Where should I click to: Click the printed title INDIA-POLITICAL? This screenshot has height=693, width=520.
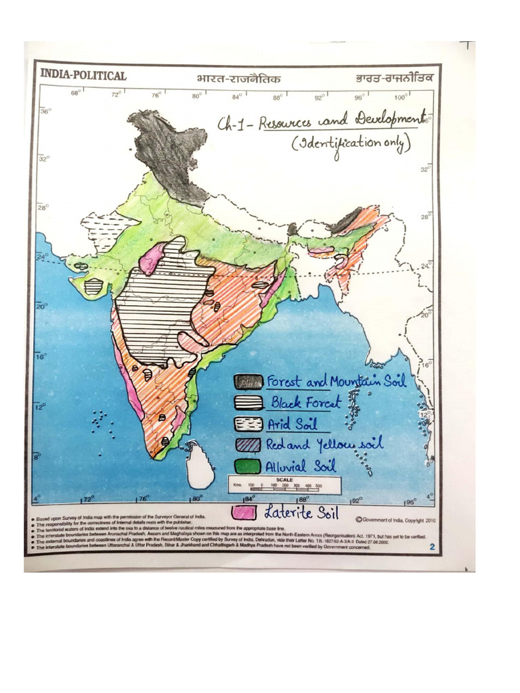(83, 76)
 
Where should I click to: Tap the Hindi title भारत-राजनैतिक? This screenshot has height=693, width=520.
(238, 78)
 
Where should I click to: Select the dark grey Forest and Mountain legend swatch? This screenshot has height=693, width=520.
(248, 382)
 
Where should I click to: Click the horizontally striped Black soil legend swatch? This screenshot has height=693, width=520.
(248, 403)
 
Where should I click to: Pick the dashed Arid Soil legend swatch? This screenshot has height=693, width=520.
(248, 425)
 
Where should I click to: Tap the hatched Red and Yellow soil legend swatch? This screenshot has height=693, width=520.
(248, 445)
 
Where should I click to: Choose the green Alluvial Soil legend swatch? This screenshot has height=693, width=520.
(248, 466)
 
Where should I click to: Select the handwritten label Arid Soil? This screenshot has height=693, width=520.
(292, 425)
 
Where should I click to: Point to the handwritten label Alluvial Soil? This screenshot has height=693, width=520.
(301, 466)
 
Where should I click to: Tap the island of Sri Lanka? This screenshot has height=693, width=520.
(200, 465)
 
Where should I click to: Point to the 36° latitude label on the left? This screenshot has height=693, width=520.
(44, 111)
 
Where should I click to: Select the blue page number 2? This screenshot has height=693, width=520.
(431, 547)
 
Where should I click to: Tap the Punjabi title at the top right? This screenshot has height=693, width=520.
(393, 78)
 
